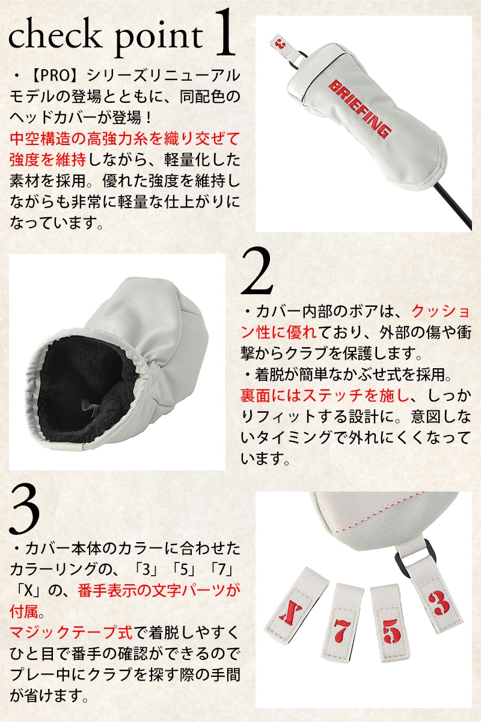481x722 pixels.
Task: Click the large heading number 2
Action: [257, 271]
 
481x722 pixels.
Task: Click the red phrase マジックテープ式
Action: [71, 632]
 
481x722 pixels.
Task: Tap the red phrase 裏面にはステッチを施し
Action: [325, 395]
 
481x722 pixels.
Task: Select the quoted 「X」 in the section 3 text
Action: [28, 591]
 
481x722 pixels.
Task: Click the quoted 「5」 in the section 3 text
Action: [183, 570]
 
